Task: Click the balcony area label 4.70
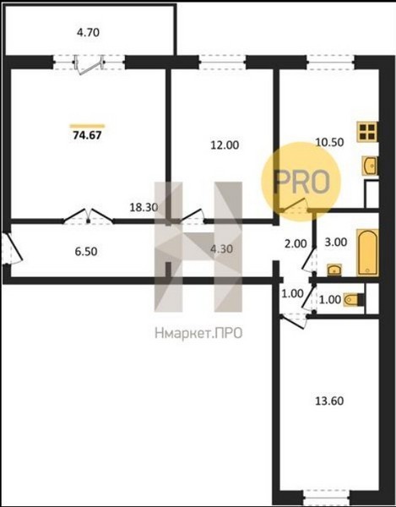point(88,33)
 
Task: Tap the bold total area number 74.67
point(87,135)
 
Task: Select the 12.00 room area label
point(225,145)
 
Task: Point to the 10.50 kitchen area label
point(329,142)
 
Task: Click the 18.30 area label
point(144,207)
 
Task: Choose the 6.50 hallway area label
point(86,251)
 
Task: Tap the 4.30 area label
point(221,249)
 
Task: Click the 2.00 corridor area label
point(296,243)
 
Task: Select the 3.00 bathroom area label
point(336,242)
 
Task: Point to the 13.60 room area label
point(329,401)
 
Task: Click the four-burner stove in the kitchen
point(367,132)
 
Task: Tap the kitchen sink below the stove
point(370,166)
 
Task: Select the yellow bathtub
point(367,253)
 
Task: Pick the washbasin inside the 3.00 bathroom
point(334,270)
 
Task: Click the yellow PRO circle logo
point(301,182)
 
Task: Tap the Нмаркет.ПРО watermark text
point(198,333)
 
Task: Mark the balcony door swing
point(90,66)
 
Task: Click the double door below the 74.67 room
point(88,216)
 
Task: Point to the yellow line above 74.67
point(87,126)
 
